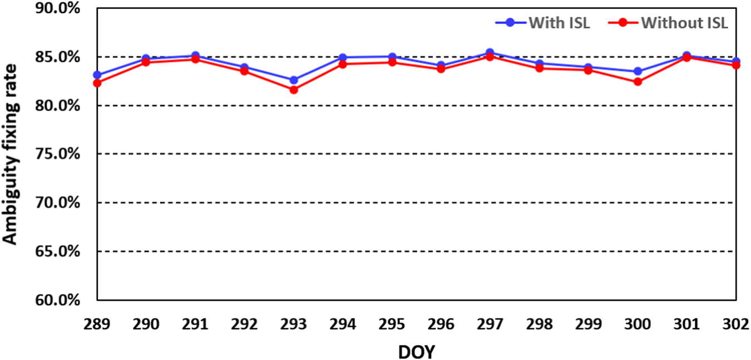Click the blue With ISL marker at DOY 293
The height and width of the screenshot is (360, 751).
point(294,80)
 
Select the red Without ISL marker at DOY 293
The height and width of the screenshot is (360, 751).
point(294,90)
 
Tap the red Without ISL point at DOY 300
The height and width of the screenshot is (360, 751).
point(638,82)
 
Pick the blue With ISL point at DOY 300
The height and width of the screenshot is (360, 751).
point(638,71)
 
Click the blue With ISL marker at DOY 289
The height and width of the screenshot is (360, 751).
point(97,75)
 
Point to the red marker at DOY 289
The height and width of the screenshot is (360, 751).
point(97,83)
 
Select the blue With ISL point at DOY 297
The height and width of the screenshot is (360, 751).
point(490,52)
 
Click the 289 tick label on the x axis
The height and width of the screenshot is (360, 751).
point(97,324)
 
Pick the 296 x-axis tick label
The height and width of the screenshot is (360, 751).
point(441,324)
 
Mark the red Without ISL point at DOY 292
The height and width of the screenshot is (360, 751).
point(245,71)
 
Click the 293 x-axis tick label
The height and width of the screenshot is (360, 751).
point(294,324)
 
